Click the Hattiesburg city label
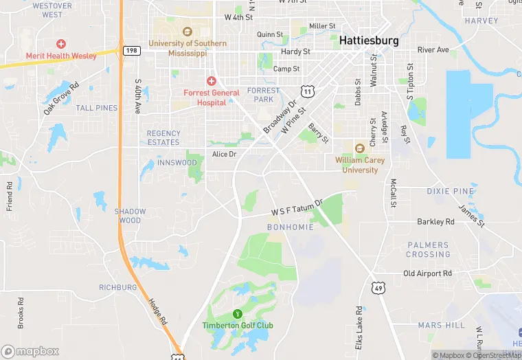369,41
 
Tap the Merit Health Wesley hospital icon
61,44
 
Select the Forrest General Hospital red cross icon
212,81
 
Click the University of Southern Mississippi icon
187,32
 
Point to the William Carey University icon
359,148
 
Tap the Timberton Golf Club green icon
238,314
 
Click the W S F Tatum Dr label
297,209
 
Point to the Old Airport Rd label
427,273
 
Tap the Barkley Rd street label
435,222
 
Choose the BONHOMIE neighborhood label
290,227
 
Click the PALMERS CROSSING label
429,249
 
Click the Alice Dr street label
224,154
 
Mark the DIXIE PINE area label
450,191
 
